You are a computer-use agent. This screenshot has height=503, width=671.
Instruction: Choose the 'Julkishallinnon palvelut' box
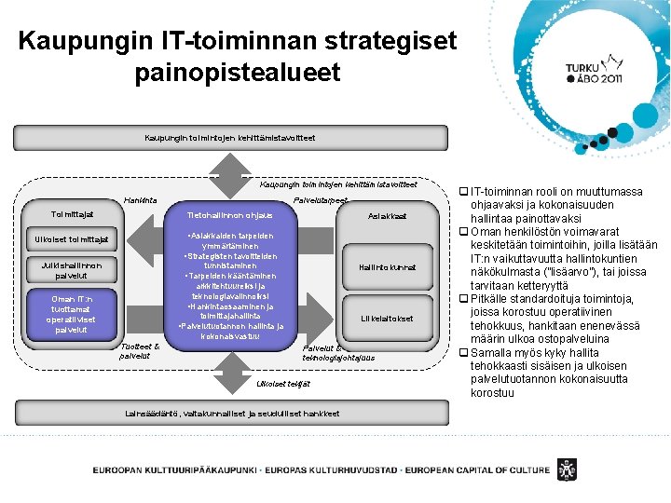tap(72, 269)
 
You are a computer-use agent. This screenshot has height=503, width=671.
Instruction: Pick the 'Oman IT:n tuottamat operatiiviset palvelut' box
tap(72, 314)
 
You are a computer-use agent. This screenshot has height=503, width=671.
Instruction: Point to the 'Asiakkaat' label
tap(388, 216)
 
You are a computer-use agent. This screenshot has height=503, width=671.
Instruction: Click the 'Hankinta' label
tap(140, 199)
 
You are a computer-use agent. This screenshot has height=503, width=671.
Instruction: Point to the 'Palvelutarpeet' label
tap(321, 200)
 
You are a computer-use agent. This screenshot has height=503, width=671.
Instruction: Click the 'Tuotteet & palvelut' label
tap(140, 350)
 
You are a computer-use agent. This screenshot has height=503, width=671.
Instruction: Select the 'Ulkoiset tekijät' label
tap(283, 384)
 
